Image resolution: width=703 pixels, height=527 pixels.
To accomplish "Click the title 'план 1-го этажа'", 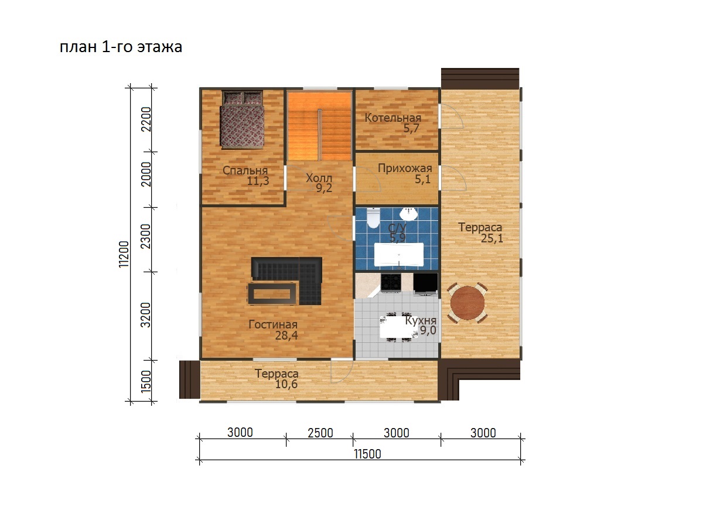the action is point(121,47).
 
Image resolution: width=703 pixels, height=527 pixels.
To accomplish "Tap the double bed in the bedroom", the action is point(242,120).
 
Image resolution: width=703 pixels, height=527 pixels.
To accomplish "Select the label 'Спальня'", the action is point(245,170).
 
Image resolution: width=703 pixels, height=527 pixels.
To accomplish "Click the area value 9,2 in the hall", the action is point(324,188).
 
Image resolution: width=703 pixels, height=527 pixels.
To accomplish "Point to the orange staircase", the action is point(320,126).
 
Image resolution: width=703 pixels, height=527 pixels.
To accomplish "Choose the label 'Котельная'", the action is point(393,118).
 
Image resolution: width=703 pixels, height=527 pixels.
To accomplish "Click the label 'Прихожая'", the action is point(405,168).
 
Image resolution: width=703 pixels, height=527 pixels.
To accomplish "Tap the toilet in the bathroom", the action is point(373,218).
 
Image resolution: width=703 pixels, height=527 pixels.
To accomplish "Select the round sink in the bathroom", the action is point(408,214).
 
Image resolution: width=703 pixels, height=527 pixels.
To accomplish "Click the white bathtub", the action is point(399,254).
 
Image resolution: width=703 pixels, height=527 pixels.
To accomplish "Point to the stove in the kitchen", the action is point(390,283).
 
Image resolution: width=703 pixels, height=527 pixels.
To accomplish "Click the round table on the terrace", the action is point(467,303).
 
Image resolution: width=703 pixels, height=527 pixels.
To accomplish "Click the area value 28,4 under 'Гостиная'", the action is point(286,336).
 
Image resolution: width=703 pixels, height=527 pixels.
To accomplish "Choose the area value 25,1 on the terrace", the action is point(492,238).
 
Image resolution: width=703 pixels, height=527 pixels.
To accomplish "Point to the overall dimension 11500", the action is point(367,454).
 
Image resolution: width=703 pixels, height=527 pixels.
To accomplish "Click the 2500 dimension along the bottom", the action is point(320,433).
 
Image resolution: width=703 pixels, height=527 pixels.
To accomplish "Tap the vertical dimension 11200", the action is point(124,254).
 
